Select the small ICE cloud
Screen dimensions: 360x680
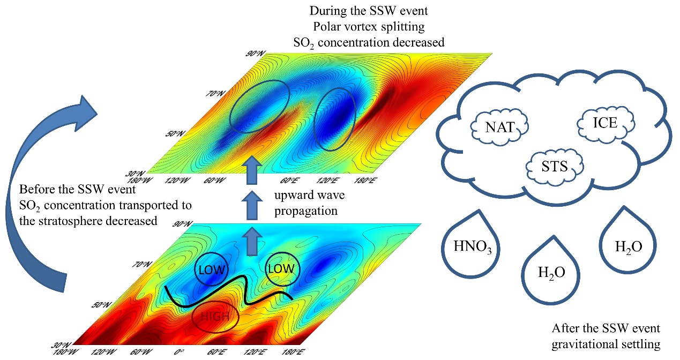click(605, 123)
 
